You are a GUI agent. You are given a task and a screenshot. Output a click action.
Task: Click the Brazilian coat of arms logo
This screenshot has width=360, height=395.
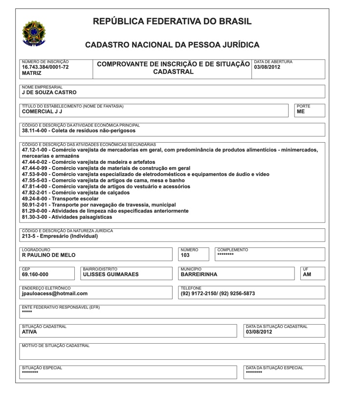click(34, 33)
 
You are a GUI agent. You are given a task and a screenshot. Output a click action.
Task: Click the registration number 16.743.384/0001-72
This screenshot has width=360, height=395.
click(45, 67)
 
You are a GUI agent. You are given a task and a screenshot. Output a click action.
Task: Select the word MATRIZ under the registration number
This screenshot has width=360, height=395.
click(32, 73)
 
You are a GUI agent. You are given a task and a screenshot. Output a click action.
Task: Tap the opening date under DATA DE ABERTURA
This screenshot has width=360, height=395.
click(267, 67)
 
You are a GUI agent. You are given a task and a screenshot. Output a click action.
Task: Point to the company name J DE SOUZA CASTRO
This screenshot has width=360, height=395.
click(49, 92)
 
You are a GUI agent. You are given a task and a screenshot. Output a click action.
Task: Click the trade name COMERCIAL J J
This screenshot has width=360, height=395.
click(42, 111)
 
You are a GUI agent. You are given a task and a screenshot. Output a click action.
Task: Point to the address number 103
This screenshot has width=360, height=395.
click(185, 255)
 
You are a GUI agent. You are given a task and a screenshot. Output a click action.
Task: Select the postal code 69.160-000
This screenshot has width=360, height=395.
click(35, 274)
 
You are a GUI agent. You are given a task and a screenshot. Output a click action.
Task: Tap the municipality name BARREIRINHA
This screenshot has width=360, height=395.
click(199, 274)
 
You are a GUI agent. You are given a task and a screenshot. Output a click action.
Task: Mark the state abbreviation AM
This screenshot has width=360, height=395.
click(307, 274)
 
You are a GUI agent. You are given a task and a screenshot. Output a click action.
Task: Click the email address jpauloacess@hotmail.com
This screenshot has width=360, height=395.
click(55, 293)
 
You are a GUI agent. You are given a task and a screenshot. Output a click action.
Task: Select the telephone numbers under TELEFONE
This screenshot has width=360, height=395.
click(218, 293)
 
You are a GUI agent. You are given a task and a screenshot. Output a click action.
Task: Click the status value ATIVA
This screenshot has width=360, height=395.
click(30, 331)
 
